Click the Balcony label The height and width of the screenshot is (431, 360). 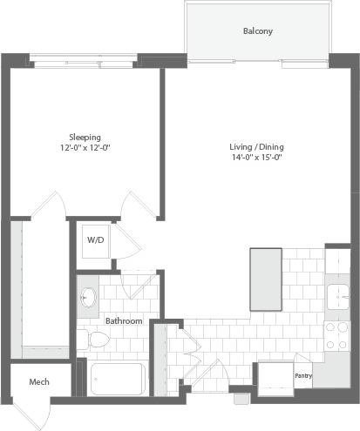257,31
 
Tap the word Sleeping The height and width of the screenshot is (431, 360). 85,137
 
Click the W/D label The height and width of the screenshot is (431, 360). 94,239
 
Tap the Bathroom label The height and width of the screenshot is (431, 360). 124,320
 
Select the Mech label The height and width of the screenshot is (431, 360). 38,382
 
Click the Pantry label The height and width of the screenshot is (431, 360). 302,376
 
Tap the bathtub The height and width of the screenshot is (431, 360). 118,380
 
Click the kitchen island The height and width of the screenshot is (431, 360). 266,274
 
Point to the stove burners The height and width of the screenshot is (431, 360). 336,335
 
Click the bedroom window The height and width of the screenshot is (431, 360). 84,60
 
